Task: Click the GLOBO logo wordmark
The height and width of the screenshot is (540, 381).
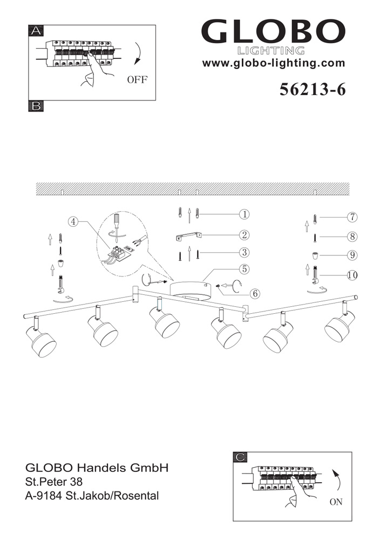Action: coord(273,31)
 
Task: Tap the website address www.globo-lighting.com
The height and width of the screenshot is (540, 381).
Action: coord(274,63)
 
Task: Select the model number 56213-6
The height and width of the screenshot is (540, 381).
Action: coord(312,90)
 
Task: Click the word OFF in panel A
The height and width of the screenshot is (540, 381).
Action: coord(137,79)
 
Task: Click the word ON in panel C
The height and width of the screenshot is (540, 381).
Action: coord(336,502)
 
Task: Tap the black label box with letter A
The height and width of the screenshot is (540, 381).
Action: coord(36,31)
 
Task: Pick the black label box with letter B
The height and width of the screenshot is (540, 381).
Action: coord(36,106)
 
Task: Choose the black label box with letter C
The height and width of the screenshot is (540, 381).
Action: coord(240,457)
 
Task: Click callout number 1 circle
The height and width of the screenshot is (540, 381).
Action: coord(244,214)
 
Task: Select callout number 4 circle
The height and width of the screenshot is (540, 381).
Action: coord(73,221)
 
